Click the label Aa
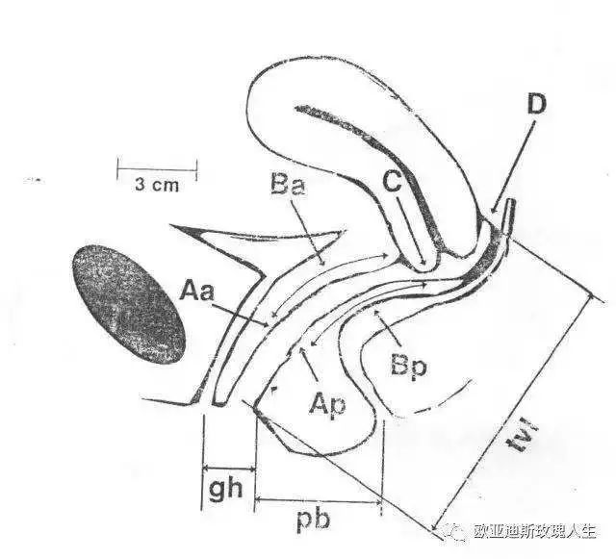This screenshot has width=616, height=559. (x=197, y=292)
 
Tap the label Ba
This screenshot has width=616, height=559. (x=288, y=184)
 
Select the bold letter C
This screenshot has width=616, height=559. (x=393, y=182)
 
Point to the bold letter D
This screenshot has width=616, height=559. (x=536, y=104)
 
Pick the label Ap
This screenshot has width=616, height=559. (x=327, y=406)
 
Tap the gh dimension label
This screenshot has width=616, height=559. (x=225, y=489)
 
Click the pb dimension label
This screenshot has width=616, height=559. (x=313, y=521)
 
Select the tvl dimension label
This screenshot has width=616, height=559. (x=523, y=435)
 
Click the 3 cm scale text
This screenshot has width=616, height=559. (x=157, y=184)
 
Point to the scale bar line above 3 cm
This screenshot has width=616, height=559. (x=157, y=169)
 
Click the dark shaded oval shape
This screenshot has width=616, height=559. (x=128, y=304)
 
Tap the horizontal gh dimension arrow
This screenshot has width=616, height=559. (x=229, y=469)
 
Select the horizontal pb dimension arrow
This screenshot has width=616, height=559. (x=319, y=501)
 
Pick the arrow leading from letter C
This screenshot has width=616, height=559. (x=411, y=231)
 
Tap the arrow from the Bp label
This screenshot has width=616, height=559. (x=388, y=328)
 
